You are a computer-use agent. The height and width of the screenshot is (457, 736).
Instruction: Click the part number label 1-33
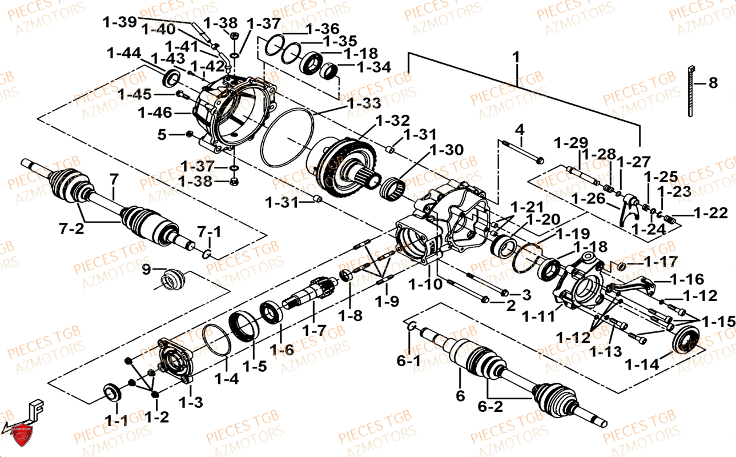tap(364, 104)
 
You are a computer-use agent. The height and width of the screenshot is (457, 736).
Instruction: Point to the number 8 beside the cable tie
tap(713, 83)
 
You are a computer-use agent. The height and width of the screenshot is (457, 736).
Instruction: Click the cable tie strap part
tap(691, 91)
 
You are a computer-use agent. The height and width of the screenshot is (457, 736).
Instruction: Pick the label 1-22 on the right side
tap(711, 213)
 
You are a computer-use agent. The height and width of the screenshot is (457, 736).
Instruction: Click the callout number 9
tap(146, 269)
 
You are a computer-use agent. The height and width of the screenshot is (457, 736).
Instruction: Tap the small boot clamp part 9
tap(171, 280)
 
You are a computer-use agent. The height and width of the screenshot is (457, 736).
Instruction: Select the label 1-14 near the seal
tap(642, 364)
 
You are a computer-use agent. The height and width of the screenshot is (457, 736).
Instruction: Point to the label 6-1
tap(409, 360)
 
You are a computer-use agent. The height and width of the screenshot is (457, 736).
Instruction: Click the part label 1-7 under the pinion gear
tap(313, 330)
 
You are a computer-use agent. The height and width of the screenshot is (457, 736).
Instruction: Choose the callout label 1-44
tap(123, 53)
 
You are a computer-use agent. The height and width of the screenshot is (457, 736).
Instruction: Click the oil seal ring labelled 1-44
tap(171, 77)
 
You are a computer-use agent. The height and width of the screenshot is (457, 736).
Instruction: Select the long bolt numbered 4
tap(522, 151)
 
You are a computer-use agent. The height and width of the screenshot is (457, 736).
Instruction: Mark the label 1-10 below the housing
tap(425, 283)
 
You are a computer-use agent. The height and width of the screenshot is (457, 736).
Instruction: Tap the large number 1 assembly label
tap(516, 58)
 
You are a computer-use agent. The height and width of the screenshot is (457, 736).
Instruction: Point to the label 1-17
tap(661, 262)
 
